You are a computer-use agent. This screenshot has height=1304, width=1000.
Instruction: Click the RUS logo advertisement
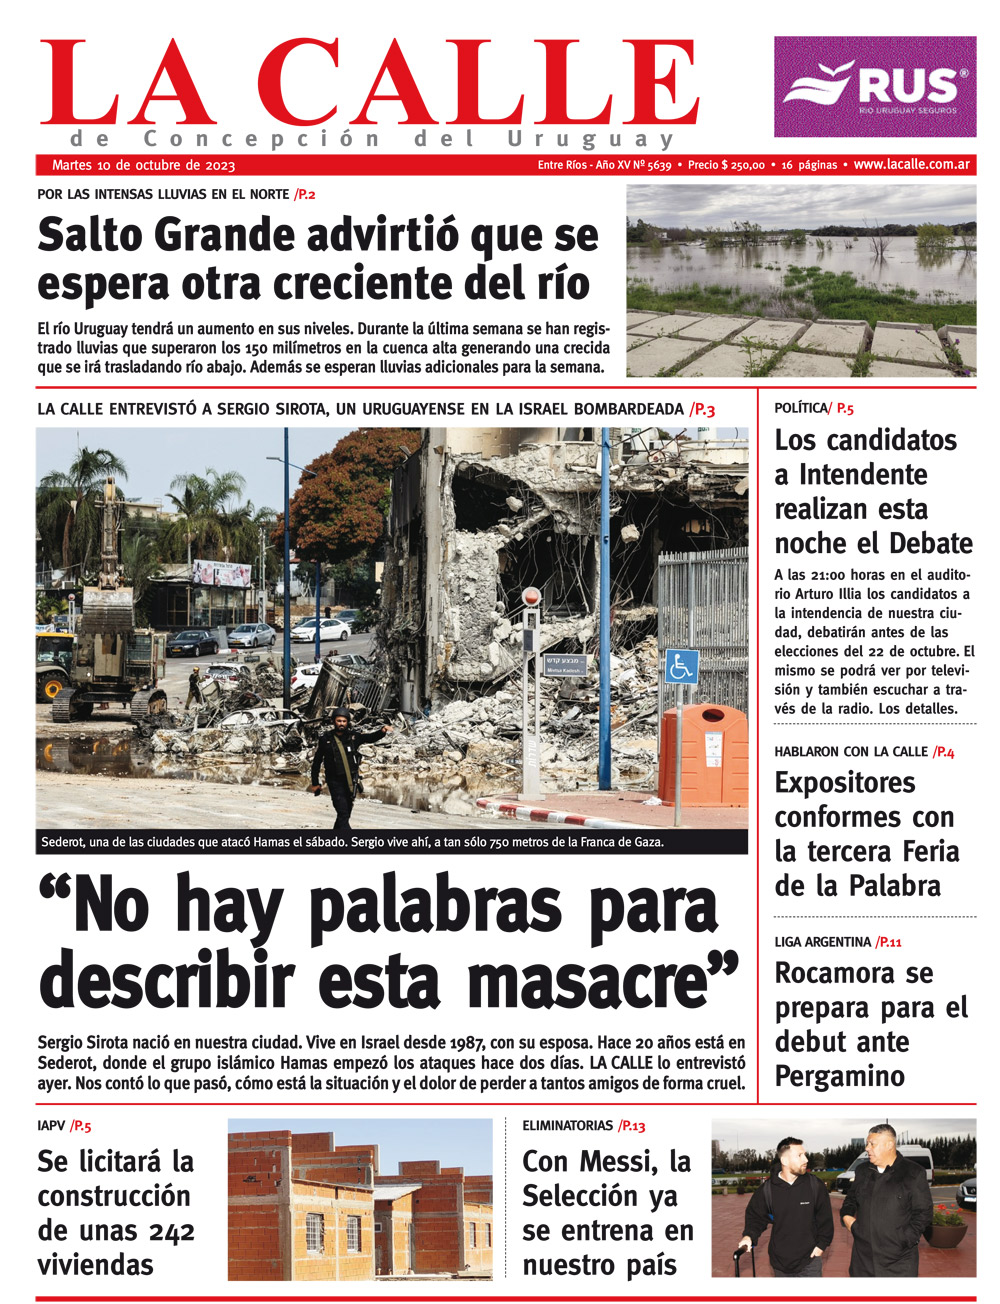tap(874, 87)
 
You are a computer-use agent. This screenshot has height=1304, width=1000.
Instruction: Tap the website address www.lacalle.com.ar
tap(913, 165)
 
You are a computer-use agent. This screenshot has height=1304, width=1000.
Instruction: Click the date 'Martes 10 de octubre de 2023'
tap(143, 165)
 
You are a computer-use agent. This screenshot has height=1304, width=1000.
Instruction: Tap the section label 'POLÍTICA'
tap(801, 408)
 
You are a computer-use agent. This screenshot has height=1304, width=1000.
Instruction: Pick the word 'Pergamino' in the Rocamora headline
tap(839, 1077)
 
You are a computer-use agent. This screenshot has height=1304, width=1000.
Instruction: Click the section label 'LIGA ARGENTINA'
tap(822, 942)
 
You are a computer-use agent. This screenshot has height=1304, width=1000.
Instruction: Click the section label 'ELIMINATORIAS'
tap(567, 1126)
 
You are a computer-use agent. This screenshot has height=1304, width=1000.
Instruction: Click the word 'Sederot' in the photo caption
tap(64, 842)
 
